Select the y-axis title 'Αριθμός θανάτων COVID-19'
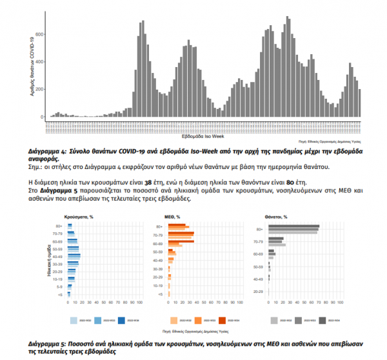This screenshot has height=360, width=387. pos(32,66)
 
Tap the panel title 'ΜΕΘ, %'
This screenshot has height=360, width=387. pos(173,217)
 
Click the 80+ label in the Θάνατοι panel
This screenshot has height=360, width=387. pos(259,229)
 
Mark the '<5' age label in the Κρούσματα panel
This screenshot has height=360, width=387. pos(60,294)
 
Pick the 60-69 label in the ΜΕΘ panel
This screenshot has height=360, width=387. pos(158,244)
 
